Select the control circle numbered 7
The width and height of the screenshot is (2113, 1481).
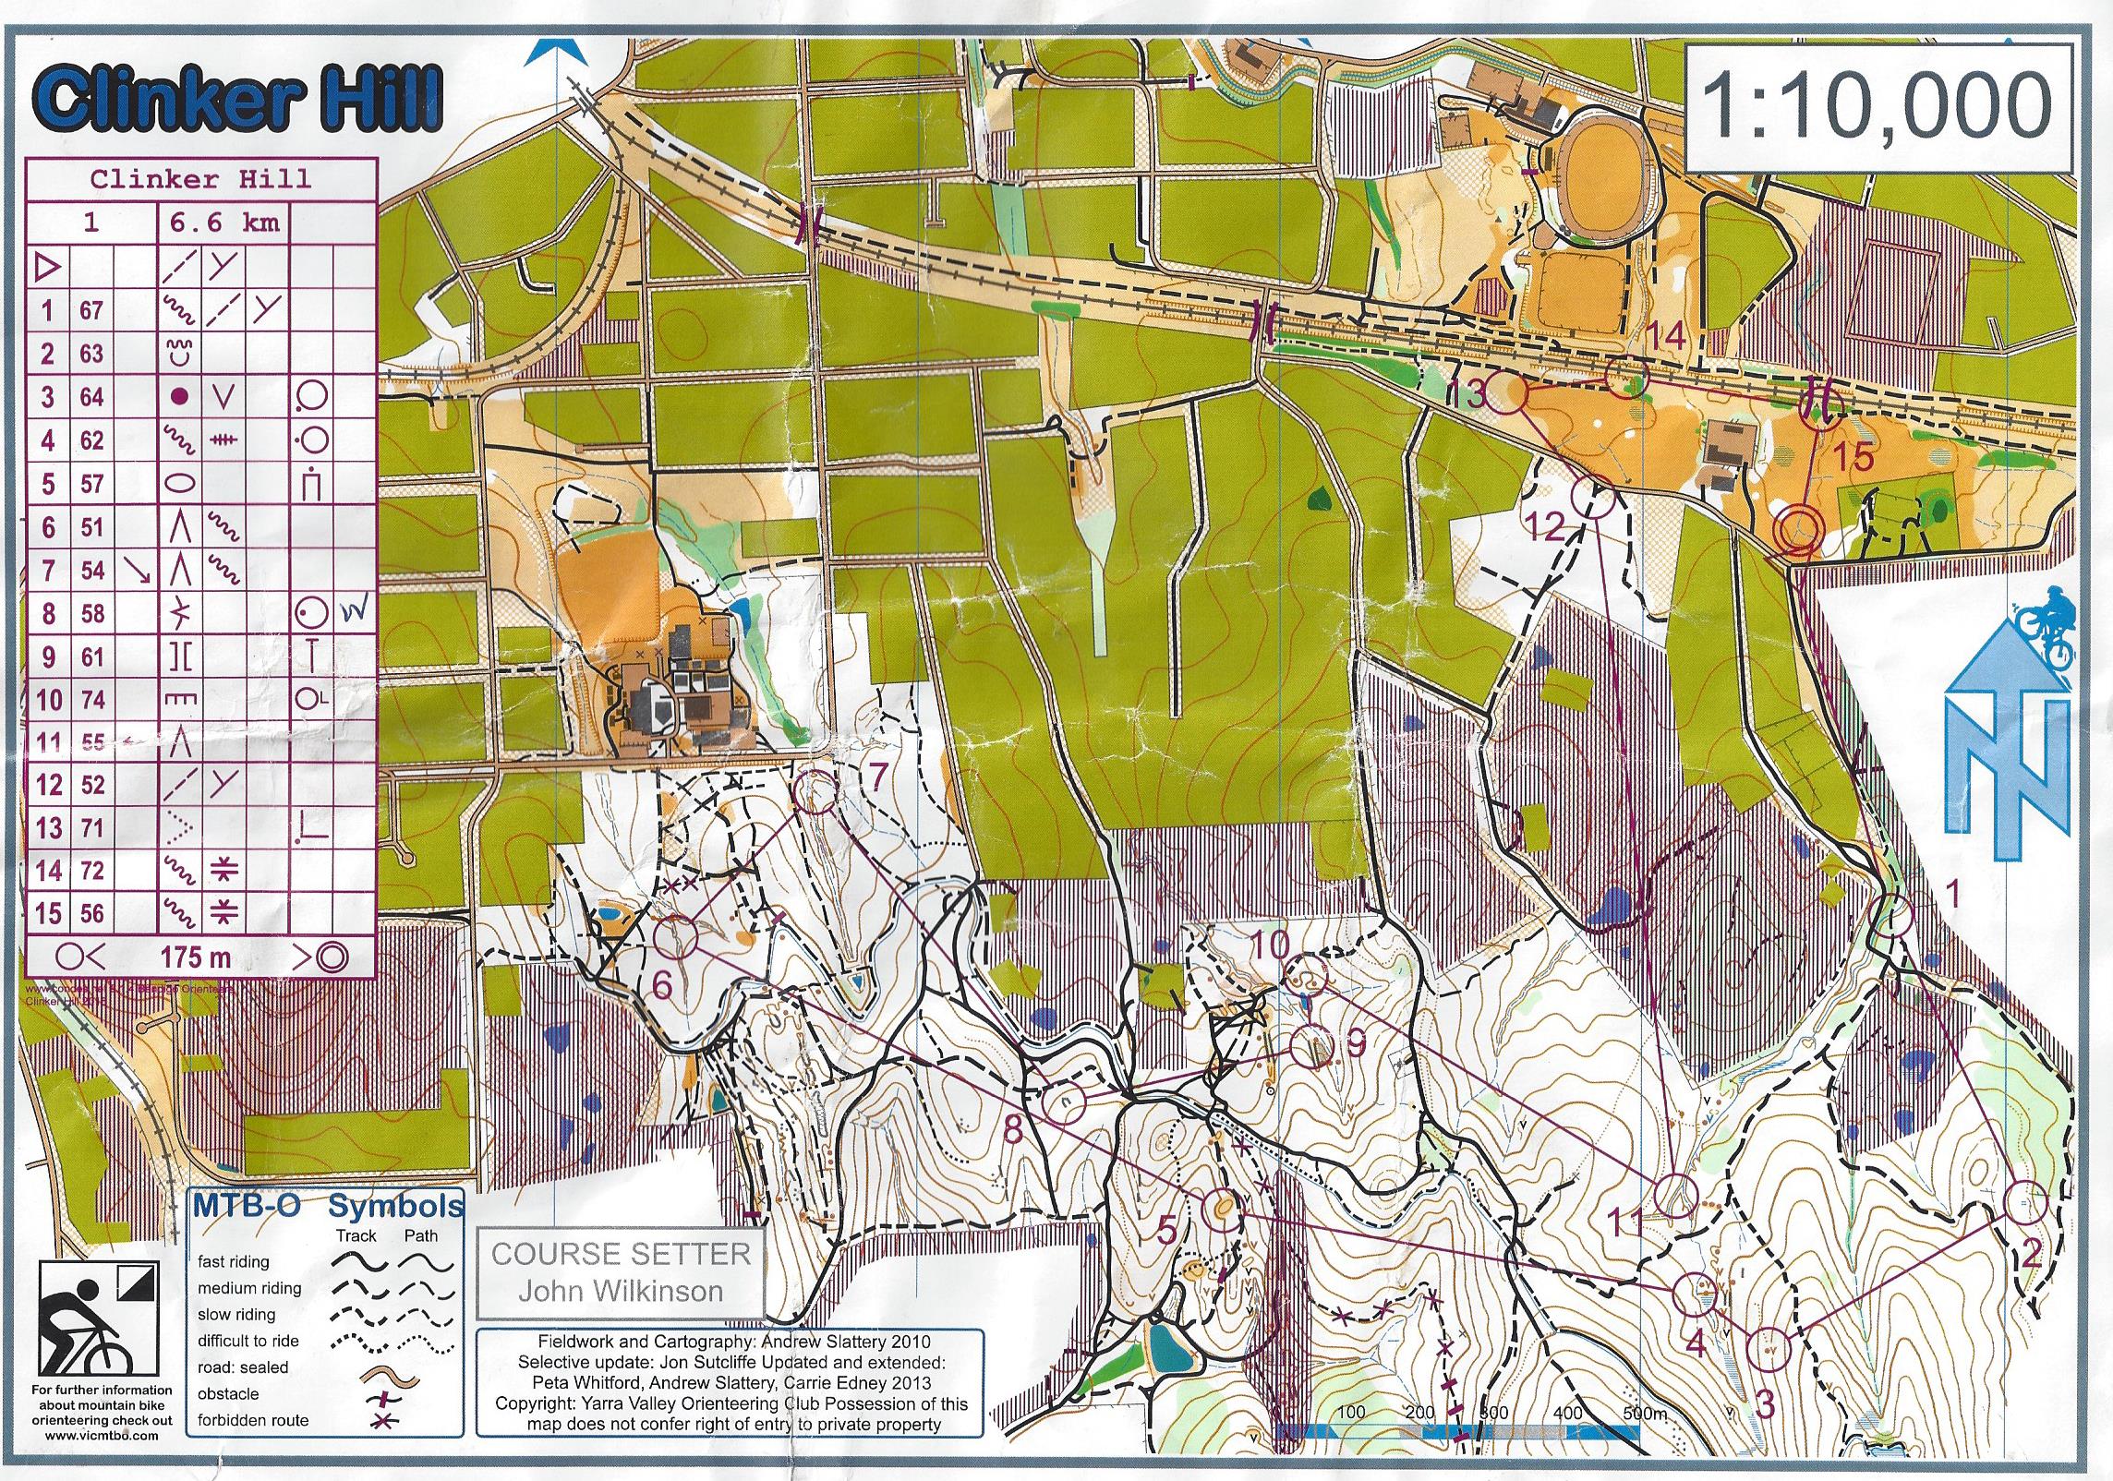point(815,793)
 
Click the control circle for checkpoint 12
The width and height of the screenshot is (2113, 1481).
point(1592,500)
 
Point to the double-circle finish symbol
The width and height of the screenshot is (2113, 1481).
point(1800,528)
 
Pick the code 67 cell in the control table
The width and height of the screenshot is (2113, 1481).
point(91,310)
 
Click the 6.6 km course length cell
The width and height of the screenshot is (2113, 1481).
point(221,223)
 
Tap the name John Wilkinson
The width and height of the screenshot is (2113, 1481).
point(620,1290)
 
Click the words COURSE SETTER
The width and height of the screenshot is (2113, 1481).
point(621,1254)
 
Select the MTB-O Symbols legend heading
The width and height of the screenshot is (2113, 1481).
point(327,1206)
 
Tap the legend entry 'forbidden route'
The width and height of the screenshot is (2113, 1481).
point(252,1420)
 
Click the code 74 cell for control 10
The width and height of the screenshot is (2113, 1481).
point(91,700)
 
